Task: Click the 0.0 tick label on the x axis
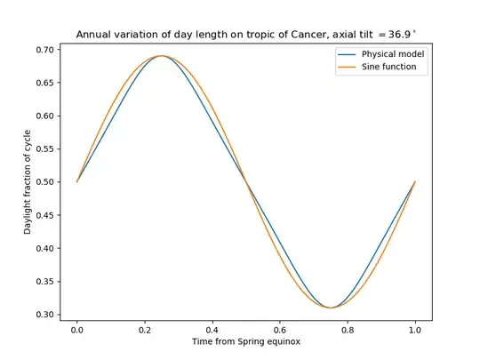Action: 77,329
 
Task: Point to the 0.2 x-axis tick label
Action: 145,329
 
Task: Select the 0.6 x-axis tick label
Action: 280,329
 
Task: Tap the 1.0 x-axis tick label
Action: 415,329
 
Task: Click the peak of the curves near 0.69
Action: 162,56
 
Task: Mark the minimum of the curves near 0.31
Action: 331,308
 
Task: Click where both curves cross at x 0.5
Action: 246,182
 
